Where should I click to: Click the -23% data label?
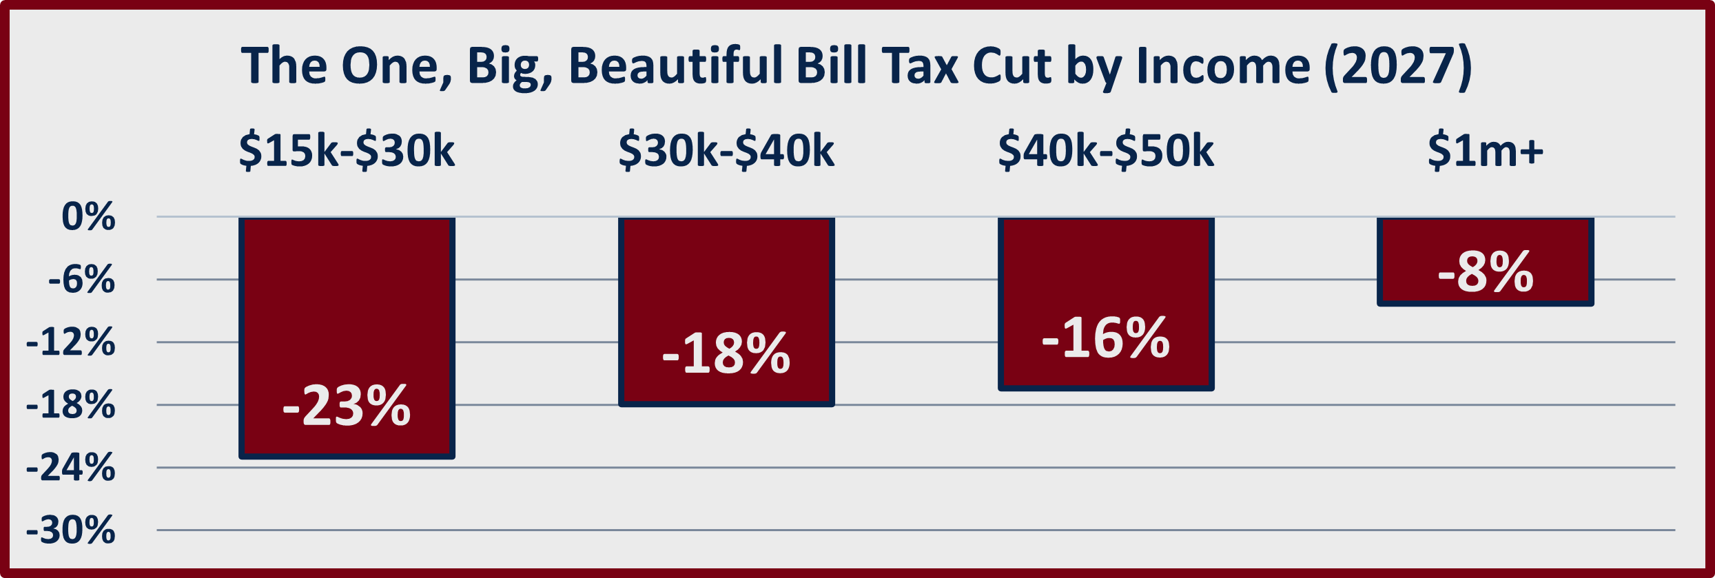[347, 406]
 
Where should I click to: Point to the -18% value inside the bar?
[726, 353]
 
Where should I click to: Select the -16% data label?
[1106, 338]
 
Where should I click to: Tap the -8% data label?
[1485, 272]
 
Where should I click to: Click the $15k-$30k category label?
[347, 150]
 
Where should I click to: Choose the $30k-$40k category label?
[726, 150]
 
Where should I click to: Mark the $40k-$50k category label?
[1106, 150]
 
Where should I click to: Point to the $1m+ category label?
[1485, 150]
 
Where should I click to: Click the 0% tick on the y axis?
[88, 217]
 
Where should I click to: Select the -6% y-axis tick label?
[81, 280]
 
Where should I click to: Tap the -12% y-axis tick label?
[70, 342]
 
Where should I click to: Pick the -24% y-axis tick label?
[70, 468]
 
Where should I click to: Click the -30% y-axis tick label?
[70, 530]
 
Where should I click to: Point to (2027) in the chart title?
[1397, 66]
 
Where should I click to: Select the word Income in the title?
[1223, 66]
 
